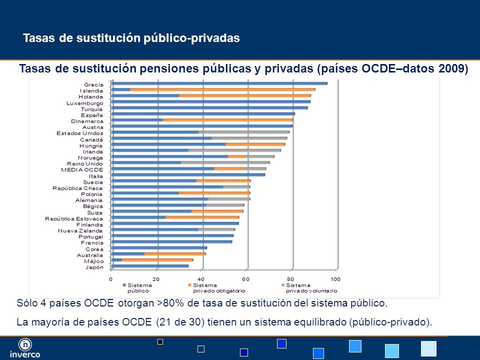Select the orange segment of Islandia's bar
(222, 89)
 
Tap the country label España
(92, 115)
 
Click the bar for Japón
(150, 266)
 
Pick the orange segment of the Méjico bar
(157, 260)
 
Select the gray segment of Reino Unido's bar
(225, 162)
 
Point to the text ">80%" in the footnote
(173, 303)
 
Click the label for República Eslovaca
(74, 218)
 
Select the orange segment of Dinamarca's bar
(227, 120)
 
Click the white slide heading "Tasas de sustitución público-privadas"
(132, 38)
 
